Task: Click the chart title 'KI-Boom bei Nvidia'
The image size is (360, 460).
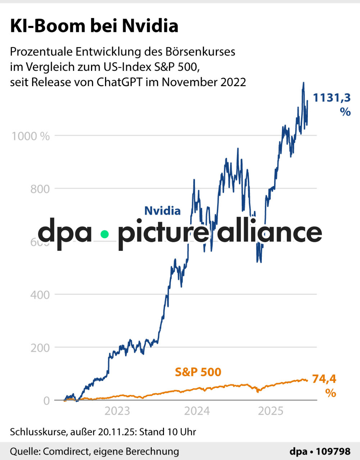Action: pos(94,26)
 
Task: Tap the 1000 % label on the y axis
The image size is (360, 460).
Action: pos(31,136)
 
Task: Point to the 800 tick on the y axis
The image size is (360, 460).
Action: pos(40,189)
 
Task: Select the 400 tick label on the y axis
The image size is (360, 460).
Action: pos(40,295)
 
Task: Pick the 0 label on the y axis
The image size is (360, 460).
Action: pos(46,400)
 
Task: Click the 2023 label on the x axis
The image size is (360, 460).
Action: pos(117,411)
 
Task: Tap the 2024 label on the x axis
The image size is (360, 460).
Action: pos(197,411)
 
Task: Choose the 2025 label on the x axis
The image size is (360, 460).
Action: pos(271,411)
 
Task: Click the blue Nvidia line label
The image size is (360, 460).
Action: pos(162,211)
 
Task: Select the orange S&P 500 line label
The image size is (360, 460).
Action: pos(198,372)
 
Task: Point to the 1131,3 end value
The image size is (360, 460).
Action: pos(332,98)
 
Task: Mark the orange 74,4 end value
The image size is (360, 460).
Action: pos(324,379)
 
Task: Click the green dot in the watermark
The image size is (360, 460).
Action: pos(105,234)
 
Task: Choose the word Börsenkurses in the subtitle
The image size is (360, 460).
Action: pos(200,52)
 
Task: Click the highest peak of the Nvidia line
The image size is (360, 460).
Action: pos(304,83)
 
